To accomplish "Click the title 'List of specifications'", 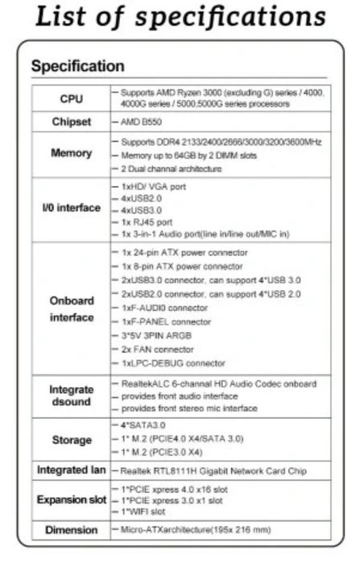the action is [179, 18].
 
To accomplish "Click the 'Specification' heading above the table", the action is [77, 66].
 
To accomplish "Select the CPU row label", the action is [71, 99].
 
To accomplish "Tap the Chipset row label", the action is [71, 122].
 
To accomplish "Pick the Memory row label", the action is [71, 154].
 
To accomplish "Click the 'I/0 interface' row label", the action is [71, 208].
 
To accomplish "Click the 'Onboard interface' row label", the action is [71, 308].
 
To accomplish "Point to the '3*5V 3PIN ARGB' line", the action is [157, 335].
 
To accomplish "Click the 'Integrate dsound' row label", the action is [71, 395].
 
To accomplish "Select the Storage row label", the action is [71, 440].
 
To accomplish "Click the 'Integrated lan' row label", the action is [71, 470].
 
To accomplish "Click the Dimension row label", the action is [71, 530].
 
